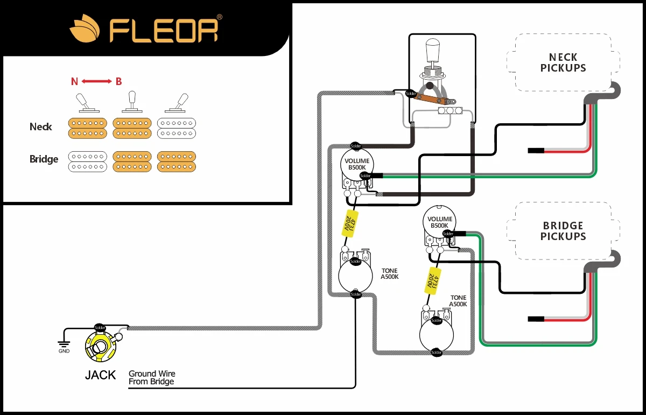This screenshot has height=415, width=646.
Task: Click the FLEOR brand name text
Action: coord(164,31)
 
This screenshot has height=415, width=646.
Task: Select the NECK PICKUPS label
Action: coord(563,62)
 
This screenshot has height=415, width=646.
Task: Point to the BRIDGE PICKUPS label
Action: coord(563,231)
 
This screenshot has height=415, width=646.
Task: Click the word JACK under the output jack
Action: coord(100,375)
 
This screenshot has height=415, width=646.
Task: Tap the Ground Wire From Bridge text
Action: coord(152,377)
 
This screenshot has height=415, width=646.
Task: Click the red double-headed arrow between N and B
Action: coord(97,82)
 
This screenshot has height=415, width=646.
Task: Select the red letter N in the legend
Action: coord(74,82)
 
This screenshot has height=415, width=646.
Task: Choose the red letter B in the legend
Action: coord(118,82)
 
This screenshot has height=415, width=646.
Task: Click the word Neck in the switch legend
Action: coord(41,127)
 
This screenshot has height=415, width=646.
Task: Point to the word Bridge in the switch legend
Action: coord(44,159)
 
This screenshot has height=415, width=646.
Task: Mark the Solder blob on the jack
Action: coord(100,327)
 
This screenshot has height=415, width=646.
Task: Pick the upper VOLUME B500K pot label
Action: coord(357,164)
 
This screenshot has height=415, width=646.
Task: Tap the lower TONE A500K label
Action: coord(459,301)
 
